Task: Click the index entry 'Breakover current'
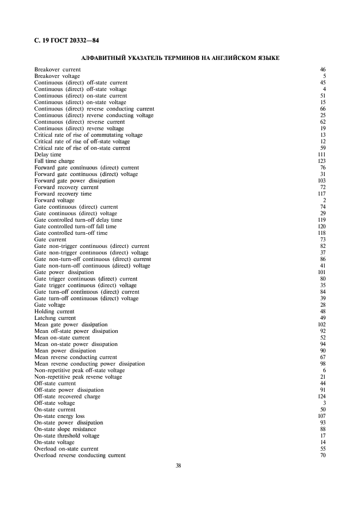57,70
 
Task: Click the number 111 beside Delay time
321,155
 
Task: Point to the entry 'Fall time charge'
54,161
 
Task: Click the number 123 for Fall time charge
321,161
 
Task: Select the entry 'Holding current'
54,312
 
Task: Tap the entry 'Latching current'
55,318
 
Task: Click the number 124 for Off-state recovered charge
321,397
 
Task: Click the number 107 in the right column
321,416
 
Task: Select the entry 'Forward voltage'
54,201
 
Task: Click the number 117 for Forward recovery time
321,194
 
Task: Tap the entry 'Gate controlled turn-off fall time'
75,227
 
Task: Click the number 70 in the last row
323,456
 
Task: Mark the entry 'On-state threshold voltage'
67,436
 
